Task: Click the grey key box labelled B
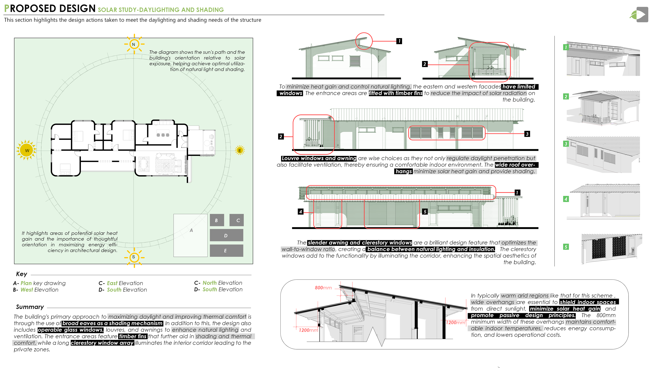[x=217, y=220]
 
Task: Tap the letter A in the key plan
[x=191, y=230]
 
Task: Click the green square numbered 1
[x=566, y=47]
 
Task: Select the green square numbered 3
[x=566, y=144]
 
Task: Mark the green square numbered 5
[x=566, y=247]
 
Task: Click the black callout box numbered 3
[x=527, y=134]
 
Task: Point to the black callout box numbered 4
[x=301, y=212]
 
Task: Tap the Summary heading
[x=30, y=307]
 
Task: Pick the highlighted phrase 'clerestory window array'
[x=102, y=343]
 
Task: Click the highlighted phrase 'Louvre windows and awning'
[x=319, y=158]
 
